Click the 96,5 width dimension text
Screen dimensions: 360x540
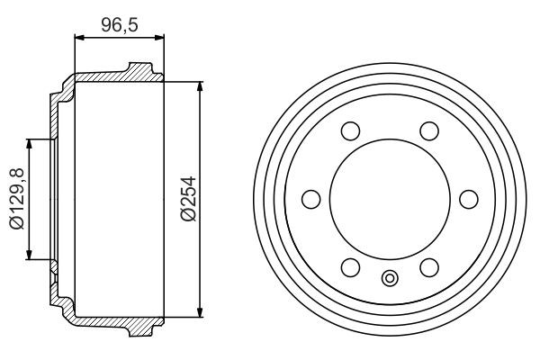click(x=119, y=24)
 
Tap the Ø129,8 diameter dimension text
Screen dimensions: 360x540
click(x=16, y=199)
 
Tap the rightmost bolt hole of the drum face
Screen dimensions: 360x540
click(x=468, y=200)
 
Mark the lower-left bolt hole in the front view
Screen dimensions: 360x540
click(x=350, y=267)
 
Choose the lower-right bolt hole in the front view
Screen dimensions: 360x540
click(x=428, y=267)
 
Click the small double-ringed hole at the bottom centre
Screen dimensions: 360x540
click(x=390, y=278)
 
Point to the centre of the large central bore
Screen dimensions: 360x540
click(x=390, y=200)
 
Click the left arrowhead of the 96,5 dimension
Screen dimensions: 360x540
click(x=76, y=38)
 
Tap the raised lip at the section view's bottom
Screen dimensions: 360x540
click(x=139, y=330)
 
